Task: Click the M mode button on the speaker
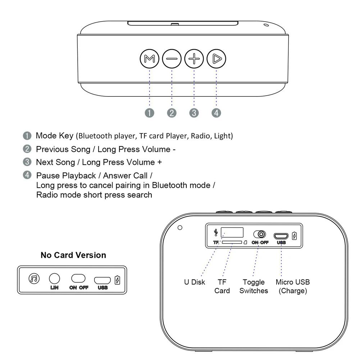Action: tap(149, 59)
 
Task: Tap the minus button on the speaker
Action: tap(172, 59)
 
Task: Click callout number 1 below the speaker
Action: tap(150, 113)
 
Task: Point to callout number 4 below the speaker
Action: tap(216, 113)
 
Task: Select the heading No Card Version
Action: tap(73, 255)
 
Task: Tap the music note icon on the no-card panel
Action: tap(34, 278)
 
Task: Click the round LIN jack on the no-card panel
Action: tap(54, 278)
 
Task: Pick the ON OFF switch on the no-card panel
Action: tap(78, 279)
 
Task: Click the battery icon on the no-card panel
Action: tap(117, 280)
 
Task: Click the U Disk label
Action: tap(195, 282)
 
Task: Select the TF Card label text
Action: tap(222, 287)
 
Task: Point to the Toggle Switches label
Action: tap(254, 287)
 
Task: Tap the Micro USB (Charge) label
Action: tap(293, 287)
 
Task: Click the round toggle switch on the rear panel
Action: tap(259, 234)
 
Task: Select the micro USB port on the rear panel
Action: tap(281, 236)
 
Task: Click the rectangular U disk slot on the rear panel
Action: tap(232, 232)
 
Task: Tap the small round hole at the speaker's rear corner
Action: tap(180, 227)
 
